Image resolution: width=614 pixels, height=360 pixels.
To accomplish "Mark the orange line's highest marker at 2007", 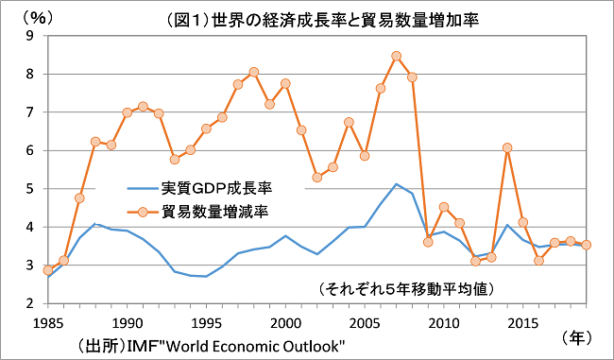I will pyautogui.click(x=396, y=56).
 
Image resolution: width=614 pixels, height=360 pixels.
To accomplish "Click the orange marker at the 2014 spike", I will pyautogui.click(x=507, y=147).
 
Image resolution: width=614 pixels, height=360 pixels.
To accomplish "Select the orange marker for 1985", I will pyautogui.click(x=47, y=270).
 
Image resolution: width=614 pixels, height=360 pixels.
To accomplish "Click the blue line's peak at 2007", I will pyautogui.click(x=396, y=184).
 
